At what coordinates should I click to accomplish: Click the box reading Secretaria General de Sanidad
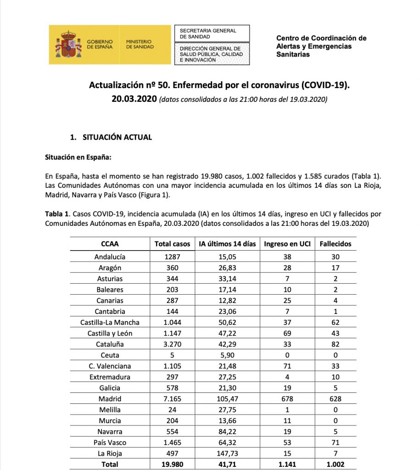coord(212,34)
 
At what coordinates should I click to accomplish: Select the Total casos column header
coord(172,244)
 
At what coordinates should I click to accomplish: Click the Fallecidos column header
coord(335,244)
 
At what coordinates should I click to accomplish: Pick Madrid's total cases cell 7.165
coord(172,399)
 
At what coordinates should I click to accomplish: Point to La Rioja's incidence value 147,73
coord(227,453)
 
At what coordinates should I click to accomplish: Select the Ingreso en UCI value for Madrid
coord(287,399)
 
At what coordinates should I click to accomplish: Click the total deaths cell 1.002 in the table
coord(335,464)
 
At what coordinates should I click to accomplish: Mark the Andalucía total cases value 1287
coord(172,257)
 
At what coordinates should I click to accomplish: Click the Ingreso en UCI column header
coord(287,244)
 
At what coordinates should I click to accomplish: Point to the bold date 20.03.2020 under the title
coord(134,99)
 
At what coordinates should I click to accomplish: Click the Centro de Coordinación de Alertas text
coord(321,39)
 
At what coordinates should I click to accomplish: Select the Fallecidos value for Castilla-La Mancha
coord(335,322)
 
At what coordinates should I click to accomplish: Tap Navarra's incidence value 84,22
coord(227,431)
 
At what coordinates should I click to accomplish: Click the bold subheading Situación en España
coord(78,157)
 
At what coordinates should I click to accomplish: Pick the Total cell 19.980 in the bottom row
coord(172,464)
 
